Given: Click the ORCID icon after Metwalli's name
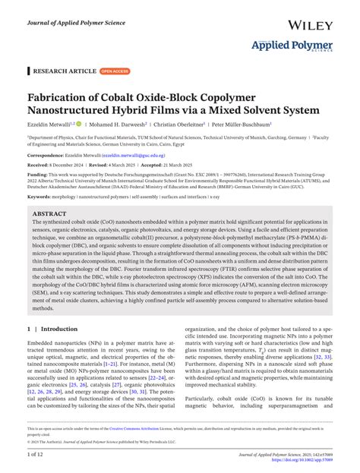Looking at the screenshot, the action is pos(78,125).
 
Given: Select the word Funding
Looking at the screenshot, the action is pos(37,174).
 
